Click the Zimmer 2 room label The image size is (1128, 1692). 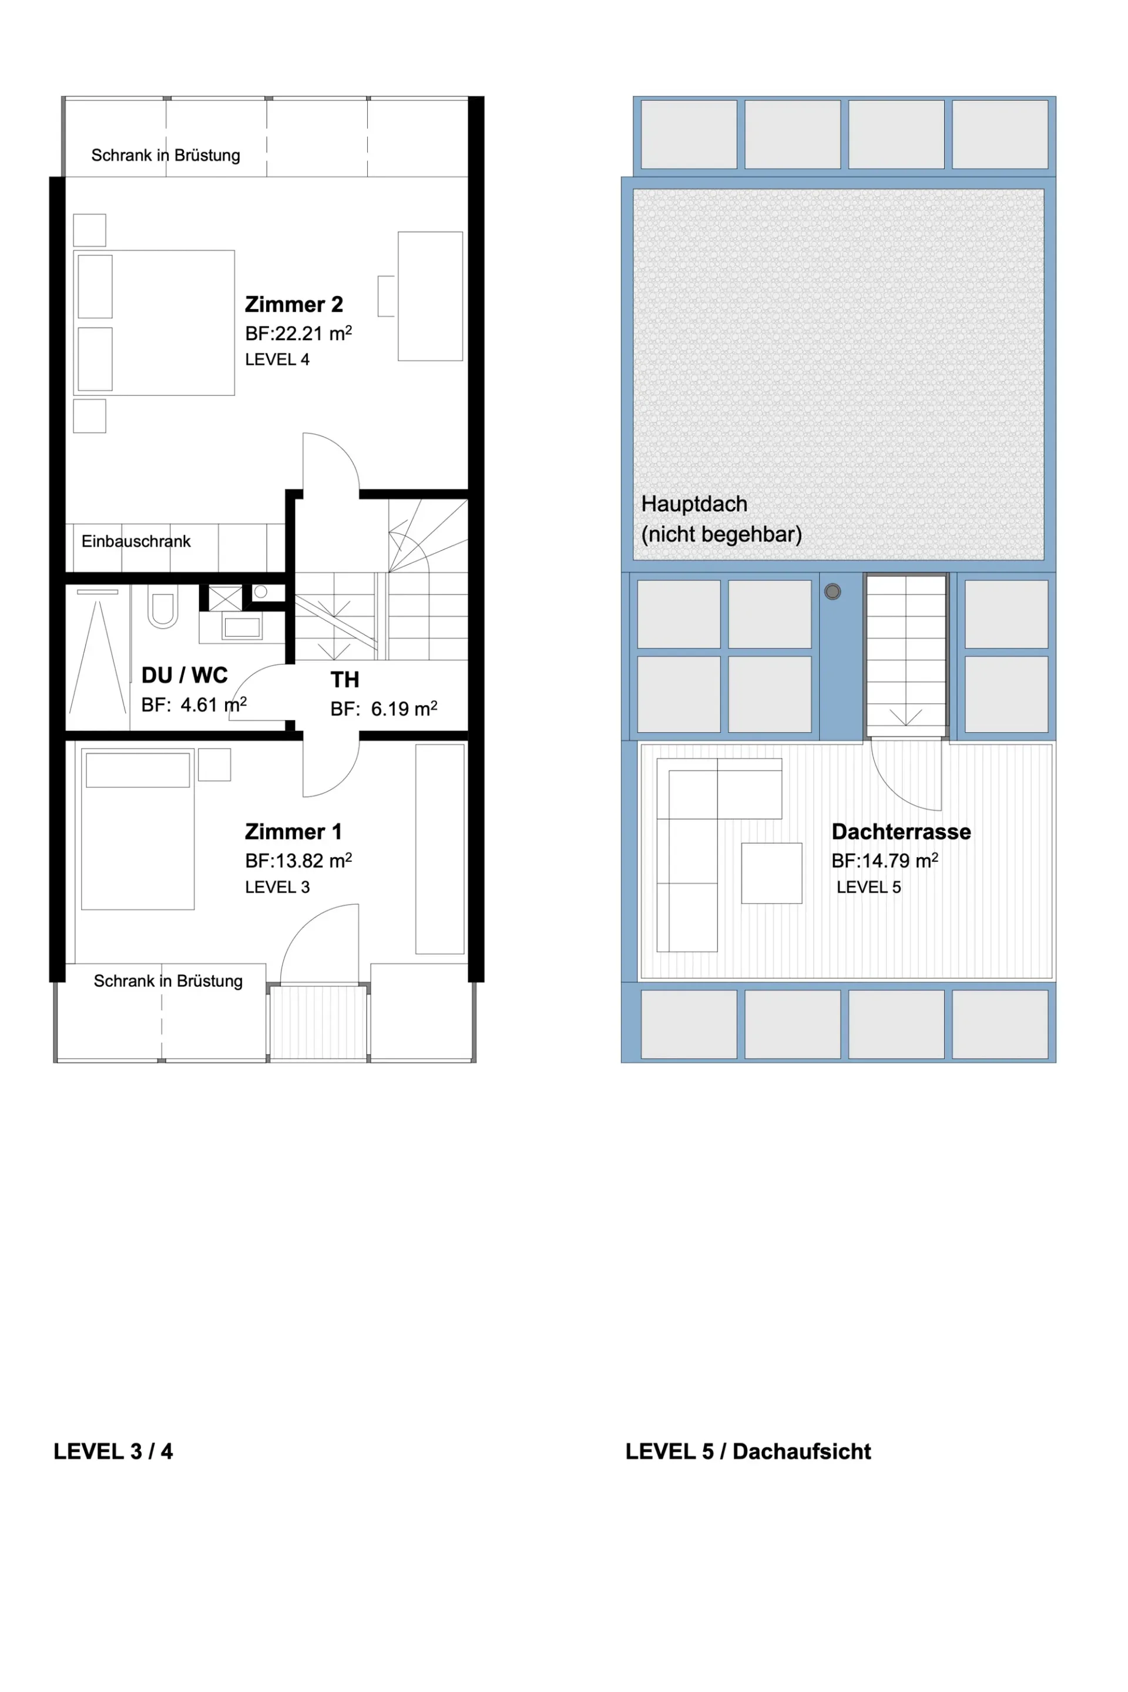pos(294,304)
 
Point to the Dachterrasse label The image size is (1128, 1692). pos(901,832)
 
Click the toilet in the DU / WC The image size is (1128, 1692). pos(163,606)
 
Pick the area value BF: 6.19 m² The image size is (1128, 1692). pos(384,709)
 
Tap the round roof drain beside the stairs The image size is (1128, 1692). pos(832,592)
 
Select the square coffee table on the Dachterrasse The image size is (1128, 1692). pos(771,874)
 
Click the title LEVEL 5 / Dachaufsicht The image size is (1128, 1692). pos(748,1451)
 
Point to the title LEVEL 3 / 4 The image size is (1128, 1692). pos(113,1451)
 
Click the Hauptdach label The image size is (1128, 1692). pos(694,503)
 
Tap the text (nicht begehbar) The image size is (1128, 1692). pos(721,535)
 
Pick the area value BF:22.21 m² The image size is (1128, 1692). pos(298,333)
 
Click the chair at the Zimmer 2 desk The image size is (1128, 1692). pos(387,296)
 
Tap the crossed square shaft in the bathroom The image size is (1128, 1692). pos(225,599)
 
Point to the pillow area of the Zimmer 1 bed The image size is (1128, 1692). pos(137,770)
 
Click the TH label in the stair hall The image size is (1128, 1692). pos(345,680)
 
